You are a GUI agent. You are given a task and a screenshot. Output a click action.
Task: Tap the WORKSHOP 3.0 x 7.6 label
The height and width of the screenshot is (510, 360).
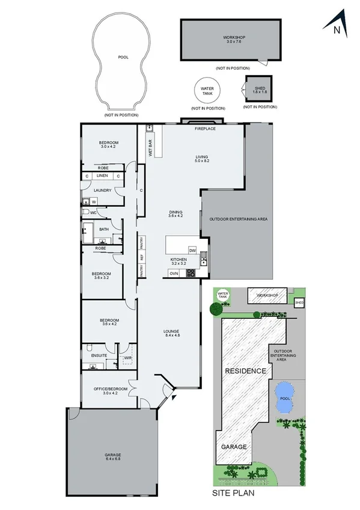230,40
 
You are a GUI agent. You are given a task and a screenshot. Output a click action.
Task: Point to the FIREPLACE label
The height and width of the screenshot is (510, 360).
205,129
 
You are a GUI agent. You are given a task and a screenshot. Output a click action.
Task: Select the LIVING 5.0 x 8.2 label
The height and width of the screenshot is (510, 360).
201,159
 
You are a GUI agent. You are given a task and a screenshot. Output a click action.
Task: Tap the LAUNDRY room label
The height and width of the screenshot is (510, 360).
102,191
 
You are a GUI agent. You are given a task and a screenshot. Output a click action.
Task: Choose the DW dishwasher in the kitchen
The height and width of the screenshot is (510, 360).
192,250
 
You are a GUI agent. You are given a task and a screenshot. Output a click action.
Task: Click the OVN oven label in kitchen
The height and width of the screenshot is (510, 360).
174,274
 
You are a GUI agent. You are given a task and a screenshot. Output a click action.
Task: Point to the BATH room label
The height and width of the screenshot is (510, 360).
104,229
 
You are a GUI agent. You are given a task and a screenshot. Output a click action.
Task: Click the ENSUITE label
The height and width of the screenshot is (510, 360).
99,355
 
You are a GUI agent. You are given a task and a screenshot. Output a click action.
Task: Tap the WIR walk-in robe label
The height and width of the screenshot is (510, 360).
127,358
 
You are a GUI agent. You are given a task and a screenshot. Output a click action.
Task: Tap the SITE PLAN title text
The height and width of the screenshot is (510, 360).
234,493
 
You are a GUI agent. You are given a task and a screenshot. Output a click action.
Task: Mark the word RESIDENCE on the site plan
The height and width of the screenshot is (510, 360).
245,371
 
